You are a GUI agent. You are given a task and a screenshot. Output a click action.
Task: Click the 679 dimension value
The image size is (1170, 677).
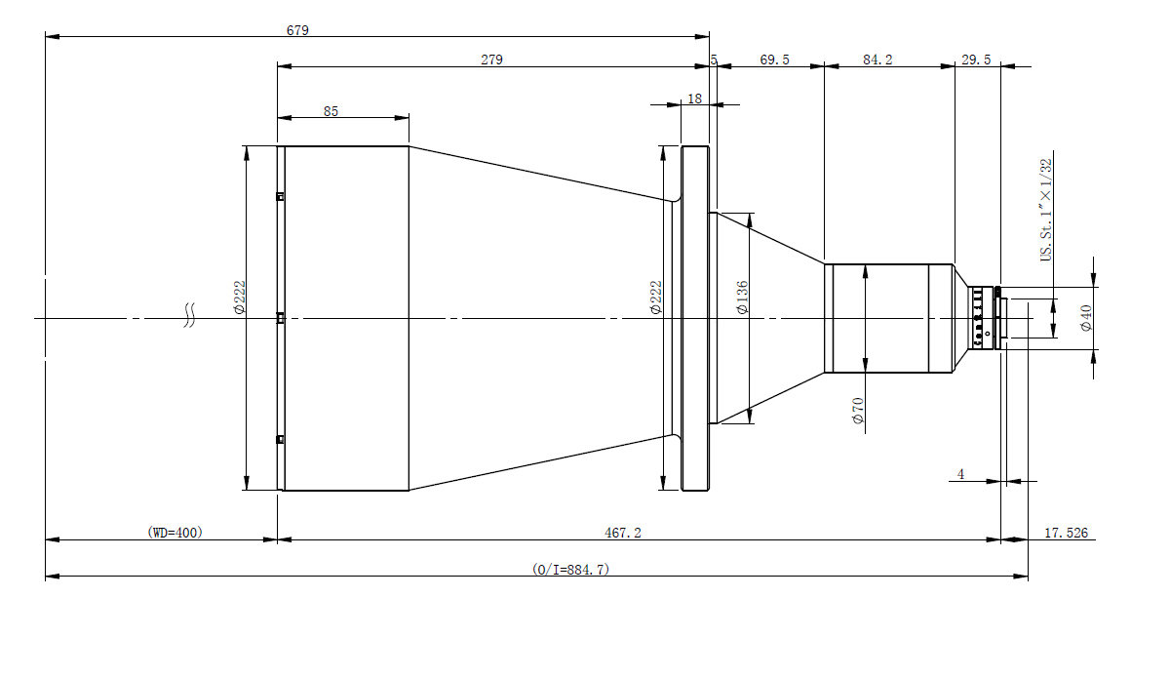pyautogui.click(x=297, y=30)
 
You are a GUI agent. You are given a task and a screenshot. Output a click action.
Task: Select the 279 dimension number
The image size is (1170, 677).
pyautogui.click(x=491, y=60)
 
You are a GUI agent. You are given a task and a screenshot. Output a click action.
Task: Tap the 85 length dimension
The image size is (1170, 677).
pyautogui.click(x=331, y=111)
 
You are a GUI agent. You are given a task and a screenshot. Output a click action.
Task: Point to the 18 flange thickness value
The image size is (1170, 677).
pyautogui.click(x=694, y=99)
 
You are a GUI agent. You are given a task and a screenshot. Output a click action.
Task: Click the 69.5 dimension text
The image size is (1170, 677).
pyautogui.click(x=774, y=60)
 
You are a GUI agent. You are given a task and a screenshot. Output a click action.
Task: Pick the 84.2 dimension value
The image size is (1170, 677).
pyautogui.click(x=877, y=60)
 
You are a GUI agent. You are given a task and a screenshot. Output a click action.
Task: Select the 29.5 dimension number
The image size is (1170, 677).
pyautogui.click(x=976, y=60)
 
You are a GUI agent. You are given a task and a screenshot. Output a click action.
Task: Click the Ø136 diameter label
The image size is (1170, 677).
pyautogui.click(x=742, y=298)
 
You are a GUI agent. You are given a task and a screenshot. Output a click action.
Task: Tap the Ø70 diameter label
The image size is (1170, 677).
pyautogui.click(x=858, y=411)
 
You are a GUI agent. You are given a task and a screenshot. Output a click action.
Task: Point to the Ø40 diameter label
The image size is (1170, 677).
pyautogui.click(x=1086, y=318)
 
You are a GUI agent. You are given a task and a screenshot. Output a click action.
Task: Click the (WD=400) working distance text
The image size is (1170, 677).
pyautogui.click(x=175, y=533)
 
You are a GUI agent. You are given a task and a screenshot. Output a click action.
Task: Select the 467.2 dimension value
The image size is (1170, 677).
pyautogui.click(x=623, y=533)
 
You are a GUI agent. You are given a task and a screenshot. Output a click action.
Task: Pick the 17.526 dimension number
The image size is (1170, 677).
pyautogui.click(x=1066, y=533)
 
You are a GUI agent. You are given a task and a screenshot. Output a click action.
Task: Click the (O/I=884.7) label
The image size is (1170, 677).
pyautogui.click(x=571, y=569)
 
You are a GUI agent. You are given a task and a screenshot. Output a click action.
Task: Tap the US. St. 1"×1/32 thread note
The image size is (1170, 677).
pyautogui.click(x=1045, y=210)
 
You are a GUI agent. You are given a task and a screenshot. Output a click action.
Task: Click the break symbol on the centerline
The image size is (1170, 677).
pyautogui.click(x=189, y=315)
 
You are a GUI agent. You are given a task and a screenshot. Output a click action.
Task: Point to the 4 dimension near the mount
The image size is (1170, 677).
pyautogui.click(x=960, y=474)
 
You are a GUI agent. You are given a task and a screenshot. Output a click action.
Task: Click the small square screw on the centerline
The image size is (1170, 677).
pyautogui.click(x=281, y=318)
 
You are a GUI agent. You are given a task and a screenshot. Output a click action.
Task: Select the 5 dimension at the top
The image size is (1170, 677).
pyautogui.click(x=714, y=60)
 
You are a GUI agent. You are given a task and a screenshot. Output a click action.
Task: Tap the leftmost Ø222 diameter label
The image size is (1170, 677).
pyautogui.click(x=239, y=298)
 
